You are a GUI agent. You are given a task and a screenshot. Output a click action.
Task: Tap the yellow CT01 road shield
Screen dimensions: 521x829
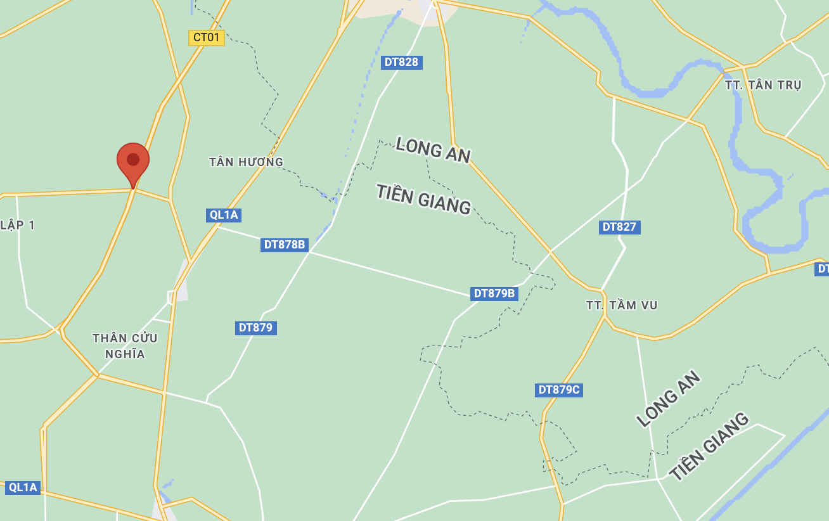[207, 37]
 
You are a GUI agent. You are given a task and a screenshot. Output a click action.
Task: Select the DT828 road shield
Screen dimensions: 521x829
[402, 62]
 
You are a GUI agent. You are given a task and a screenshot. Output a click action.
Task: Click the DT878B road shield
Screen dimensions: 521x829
[285, 245]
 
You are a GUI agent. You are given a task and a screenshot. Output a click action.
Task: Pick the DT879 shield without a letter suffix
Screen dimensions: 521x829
[255, 328]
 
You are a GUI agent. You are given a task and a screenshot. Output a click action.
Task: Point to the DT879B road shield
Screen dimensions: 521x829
[494, 293]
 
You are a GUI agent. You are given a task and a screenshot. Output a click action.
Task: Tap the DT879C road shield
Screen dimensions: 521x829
[558, 390]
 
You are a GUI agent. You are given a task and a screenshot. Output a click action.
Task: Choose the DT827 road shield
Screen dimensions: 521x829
[619, 227]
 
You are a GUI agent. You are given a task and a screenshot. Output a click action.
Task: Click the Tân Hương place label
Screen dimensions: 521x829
[247, 162]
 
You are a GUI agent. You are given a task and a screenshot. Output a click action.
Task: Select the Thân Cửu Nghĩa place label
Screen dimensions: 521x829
[125, 346]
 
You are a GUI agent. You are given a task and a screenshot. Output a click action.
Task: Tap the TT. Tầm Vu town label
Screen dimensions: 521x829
[622, 306]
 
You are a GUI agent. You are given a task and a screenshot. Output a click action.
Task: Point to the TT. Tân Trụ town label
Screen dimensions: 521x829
[763, 85]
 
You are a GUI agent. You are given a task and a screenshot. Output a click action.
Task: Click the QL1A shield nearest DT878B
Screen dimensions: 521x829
[224, 215]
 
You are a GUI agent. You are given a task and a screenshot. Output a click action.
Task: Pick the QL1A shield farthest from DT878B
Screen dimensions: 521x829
[23, 487]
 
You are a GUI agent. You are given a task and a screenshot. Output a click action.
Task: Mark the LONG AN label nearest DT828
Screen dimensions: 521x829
[433, 150]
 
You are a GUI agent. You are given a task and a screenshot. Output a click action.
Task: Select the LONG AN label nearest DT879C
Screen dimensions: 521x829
[669, 399]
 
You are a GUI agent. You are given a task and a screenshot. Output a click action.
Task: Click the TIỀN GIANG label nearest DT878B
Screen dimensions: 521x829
[423, 199]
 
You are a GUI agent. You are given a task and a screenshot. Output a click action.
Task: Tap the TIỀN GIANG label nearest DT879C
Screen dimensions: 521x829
[709, 446]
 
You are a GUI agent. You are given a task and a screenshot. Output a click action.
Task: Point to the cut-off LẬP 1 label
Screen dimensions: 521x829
[17, 225]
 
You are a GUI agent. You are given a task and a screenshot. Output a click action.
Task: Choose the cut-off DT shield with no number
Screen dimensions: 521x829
[822, 269]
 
